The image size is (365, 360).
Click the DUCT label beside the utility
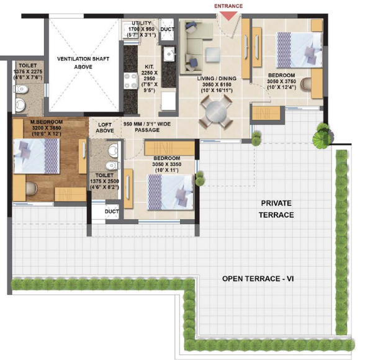point(167,29)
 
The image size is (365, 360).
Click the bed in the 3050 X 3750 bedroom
point(298,53)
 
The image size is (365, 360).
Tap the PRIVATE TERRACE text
point(276,209)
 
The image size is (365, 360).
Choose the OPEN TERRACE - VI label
point(258,279)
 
